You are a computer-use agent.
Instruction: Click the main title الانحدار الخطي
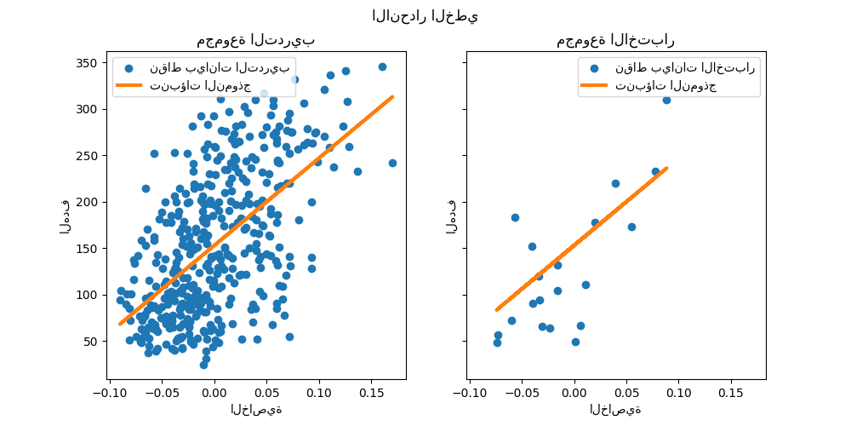point(425,16)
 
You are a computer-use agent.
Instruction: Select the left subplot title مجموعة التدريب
point(256,40)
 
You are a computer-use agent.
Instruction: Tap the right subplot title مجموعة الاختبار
point(615,40)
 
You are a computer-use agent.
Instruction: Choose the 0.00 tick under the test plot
point(574,393)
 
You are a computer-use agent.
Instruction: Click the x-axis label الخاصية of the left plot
point(256,410)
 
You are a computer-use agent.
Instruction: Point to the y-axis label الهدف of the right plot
point(452,216)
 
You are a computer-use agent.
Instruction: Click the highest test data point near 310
point(666,100)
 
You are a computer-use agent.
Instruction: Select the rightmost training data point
point(392,163)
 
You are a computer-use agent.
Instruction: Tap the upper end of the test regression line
point(666,168)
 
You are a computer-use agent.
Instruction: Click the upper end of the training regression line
point(392,96)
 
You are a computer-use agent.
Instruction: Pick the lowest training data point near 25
point(204,365)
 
